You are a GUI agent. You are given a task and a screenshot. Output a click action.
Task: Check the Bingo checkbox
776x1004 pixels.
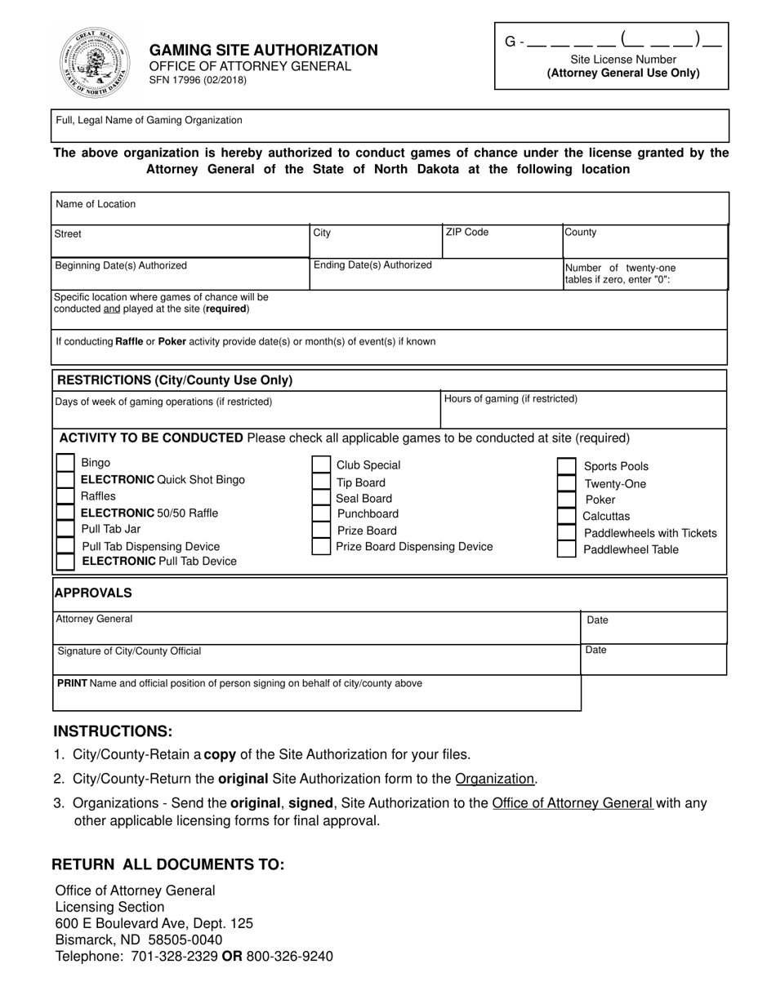click(65, 463)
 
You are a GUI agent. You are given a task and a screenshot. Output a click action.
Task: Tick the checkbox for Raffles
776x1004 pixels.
click(65, 496)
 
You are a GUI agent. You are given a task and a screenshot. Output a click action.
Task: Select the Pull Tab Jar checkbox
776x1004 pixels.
click(65, 529)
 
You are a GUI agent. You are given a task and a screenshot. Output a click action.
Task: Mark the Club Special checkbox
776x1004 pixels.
click(321, 465)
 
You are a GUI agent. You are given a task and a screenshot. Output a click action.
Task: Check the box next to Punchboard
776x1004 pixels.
click(321, 514)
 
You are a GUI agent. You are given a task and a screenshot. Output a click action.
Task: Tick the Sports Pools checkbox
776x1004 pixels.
click(566, 466)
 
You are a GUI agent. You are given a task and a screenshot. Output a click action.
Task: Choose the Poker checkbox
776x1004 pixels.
click(566, 500)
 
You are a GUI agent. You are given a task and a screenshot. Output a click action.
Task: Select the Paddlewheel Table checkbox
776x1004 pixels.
click(566, 549)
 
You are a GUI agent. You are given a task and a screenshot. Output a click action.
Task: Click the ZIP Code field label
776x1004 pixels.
click(466, 233)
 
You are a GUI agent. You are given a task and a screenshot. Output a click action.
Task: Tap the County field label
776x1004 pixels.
click(581, 233)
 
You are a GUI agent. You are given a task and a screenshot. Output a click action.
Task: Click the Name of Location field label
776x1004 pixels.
click(96, 204)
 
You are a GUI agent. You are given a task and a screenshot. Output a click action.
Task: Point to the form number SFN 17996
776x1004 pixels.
click(197, 80)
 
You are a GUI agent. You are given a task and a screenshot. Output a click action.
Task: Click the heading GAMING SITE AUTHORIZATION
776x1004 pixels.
click(263, 51)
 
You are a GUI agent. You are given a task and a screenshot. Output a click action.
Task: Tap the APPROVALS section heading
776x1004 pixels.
click(93, 593)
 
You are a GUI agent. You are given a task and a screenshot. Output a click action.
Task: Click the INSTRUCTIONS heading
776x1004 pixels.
click(113, 731)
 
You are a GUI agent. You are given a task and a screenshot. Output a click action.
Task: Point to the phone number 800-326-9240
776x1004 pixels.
click(289, 956)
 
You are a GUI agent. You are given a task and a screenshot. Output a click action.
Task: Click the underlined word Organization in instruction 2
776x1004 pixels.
click(495, 779)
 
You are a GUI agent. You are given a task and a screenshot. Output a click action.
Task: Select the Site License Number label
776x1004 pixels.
click(623, 60)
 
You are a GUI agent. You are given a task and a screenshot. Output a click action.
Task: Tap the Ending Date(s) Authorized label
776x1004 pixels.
click(372, 265)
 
